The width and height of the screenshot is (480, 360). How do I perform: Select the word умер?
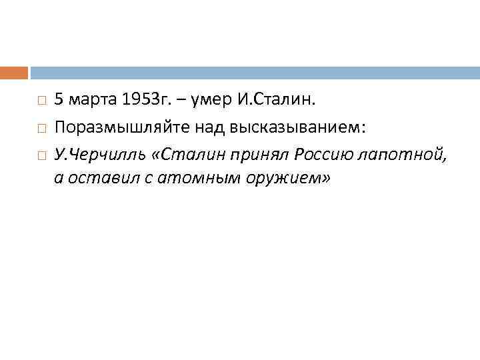coord(211,100)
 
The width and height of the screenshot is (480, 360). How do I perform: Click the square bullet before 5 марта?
coord(41,101)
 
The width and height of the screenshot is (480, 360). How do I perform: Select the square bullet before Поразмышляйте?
coord(41,129)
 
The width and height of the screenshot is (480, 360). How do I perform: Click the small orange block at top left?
coord(14,72)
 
